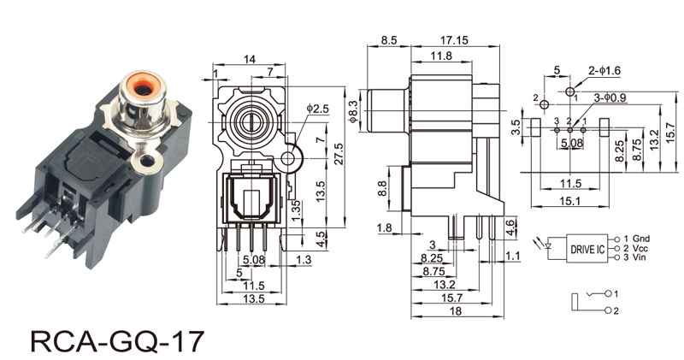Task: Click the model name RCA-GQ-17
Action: tap(117, 341)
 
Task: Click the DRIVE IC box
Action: tap(587, 248)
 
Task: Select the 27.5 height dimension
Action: tap(339, 153)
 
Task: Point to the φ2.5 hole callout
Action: tap(317, 109)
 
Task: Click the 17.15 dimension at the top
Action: tap(454, 40)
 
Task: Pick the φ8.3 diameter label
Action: tap(353, 111)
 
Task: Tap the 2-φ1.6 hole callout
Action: tap(604, 70)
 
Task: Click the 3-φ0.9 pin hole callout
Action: tap(610, 97)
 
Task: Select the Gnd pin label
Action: tap(641, 239)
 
